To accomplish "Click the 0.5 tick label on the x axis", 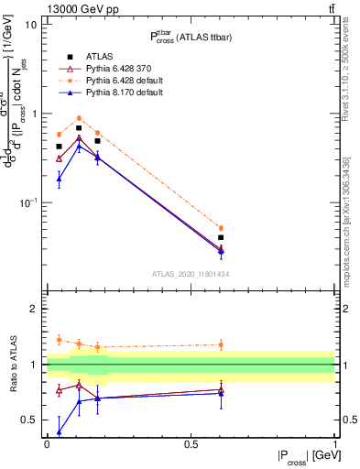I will tap(191, 443).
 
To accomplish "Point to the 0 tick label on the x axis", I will tap(46, 443).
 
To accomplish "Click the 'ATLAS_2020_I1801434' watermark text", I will tap(191, 274).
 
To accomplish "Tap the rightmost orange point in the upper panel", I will tap(221, 228).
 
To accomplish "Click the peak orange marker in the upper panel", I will tap(79, 118).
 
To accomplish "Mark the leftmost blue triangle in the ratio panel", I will tap(59, 431).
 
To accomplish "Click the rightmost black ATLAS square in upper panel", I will tap(221, 237).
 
